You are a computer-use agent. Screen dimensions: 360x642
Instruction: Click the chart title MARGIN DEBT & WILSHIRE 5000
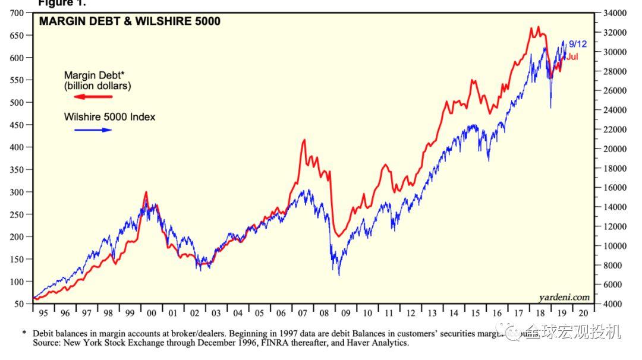(130, 22)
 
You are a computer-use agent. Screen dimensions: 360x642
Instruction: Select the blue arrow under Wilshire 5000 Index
(93, 130)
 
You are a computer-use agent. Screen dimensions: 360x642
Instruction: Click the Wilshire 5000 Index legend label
(109, 117)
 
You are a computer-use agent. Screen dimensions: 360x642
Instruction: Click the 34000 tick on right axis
(615, 13)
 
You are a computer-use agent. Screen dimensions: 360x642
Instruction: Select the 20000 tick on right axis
(615, 149)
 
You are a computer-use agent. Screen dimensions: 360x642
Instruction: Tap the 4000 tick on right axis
(613, 304)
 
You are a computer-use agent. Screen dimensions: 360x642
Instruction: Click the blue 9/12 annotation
(577, 44)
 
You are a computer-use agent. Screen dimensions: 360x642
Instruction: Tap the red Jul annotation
(572, 57)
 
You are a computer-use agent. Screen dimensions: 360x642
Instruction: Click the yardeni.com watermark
(564, 297)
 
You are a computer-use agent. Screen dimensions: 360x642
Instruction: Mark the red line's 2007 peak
(304, 140)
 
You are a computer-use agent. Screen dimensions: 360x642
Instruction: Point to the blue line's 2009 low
(339, 275)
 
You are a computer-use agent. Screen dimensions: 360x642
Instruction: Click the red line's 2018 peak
(538, 27)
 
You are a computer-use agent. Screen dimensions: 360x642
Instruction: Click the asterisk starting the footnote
(24, 334)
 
